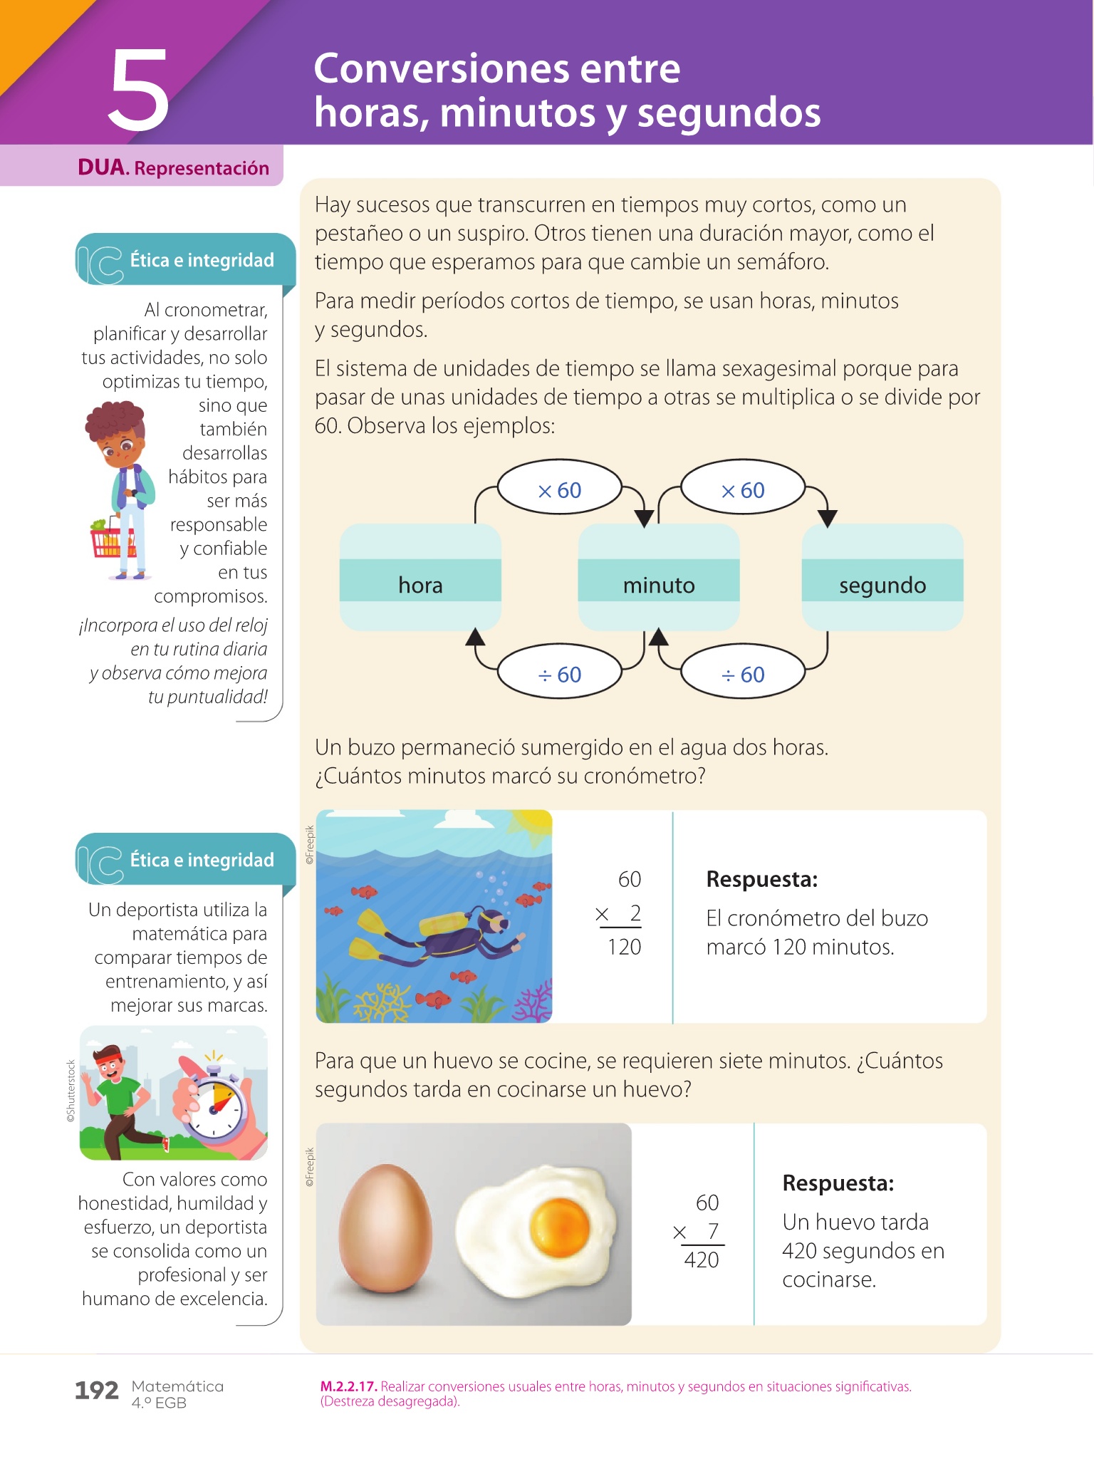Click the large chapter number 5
139,90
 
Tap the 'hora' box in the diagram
420,578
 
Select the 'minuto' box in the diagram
658,578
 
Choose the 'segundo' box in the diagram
882,578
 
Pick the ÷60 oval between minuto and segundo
742,674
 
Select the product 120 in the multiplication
624,947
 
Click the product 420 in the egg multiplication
702,1260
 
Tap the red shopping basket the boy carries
111,540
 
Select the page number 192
96,1390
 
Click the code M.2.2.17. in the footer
348,1386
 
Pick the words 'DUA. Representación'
173,168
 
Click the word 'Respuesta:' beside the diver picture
761,880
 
